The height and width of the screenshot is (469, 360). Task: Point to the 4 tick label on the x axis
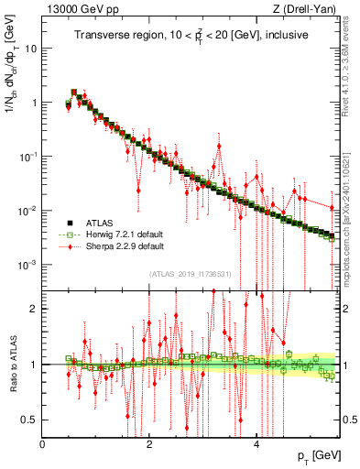click(256, 443)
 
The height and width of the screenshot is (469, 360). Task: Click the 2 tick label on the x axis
click(150, 443)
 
